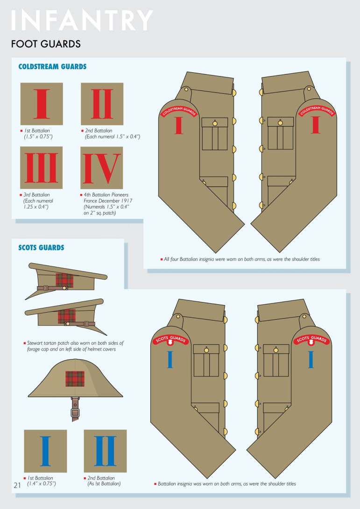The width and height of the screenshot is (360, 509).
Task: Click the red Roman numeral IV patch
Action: [x=102, y=168]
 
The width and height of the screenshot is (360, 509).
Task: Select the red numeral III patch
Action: [x=41, y=168]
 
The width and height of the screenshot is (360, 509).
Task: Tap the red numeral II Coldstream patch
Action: [x=102, y=104]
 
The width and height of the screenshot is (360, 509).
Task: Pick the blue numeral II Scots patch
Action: [x=105, y=451]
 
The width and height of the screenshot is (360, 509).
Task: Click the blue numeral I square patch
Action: [x=45, y=451]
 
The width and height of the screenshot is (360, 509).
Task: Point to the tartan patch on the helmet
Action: [x=75, y=378]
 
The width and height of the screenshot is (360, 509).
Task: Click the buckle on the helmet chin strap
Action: [x=75, y=413]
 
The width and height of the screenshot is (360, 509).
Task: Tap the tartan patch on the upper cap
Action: [x=64, y=280]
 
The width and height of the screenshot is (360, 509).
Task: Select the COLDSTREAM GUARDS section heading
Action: [x=52, y=67]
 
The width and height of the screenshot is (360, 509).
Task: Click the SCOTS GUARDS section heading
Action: [x=41, y=247]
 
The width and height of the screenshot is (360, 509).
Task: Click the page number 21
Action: [x=17, y=485]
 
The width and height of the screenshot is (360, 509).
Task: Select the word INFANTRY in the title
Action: [x=82, y=20]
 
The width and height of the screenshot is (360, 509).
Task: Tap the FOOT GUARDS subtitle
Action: [x=46, y=44]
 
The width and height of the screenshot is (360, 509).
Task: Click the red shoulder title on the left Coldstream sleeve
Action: [x=179, y=111]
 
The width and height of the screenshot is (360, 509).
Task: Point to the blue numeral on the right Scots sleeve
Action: [x=311, y=359]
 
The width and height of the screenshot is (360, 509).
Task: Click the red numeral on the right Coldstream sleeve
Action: [x=316, y=125]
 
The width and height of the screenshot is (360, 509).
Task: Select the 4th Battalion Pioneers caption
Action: [x=106, y=204]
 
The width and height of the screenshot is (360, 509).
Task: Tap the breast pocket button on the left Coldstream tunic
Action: [x=215, y=123]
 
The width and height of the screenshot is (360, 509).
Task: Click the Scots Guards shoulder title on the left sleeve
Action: [x=171, y=340]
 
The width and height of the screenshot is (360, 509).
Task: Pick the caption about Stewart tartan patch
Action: [x=74, y=346]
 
